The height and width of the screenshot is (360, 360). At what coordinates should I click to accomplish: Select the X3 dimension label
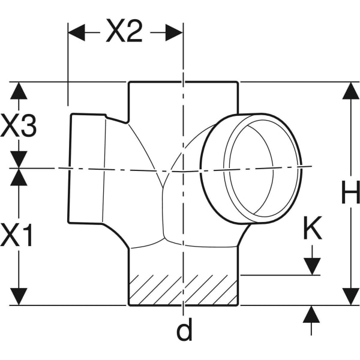coord(19,127)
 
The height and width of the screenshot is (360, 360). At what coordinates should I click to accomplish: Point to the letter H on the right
coord(350,193)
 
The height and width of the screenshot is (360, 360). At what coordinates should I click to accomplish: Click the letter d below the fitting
coord(184,329)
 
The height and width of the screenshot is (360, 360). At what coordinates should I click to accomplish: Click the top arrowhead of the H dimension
coord(350,91)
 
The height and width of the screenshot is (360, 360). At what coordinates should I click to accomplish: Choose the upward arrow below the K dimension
coord(311,314)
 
